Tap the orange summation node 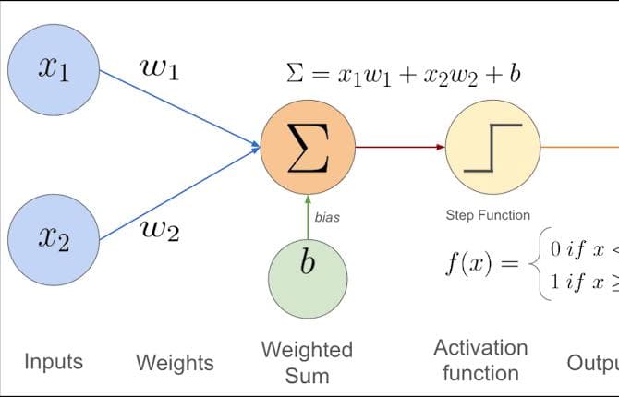(307, 147)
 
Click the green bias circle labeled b (308, 262)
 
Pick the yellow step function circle (492, 147)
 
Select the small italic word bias (328, 218)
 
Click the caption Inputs (54, 361)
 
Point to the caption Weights (175, 363)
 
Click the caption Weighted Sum (308, 362)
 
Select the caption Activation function (480, 360)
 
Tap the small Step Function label (488, 215)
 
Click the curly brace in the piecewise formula (535, 264)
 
